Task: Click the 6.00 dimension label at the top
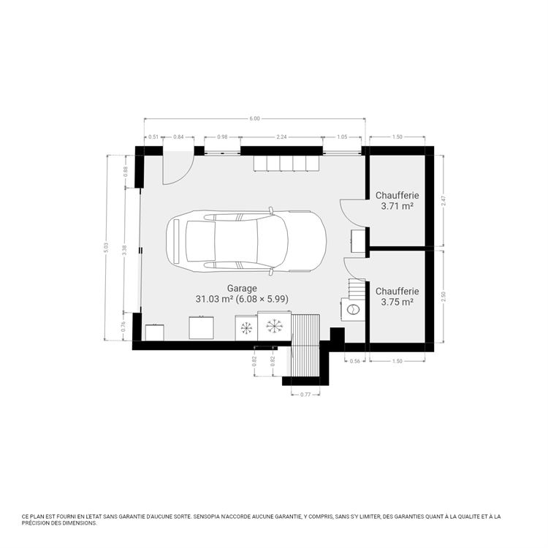[254, 118]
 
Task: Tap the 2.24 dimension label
[281, 137]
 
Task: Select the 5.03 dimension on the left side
[107, 248]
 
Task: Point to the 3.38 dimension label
[125, 250]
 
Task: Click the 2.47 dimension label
[444, 201]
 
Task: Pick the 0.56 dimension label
[354, 362]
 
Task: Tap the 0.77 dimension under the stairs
[305, 395]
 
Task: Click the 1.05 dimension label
[342, 137]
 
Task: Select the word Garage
[242, 289]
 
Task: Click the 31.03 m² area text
[214, 299]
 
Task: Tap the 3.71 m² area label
[397, 206]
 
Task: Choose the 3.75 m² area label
[397, 302]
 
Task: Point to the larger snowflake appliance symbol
[274, 326]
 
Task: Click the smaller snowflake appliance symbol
[246, 328]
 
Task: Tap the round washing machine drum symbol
[353, 309]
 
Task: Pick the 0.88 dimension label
[126, 171]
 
